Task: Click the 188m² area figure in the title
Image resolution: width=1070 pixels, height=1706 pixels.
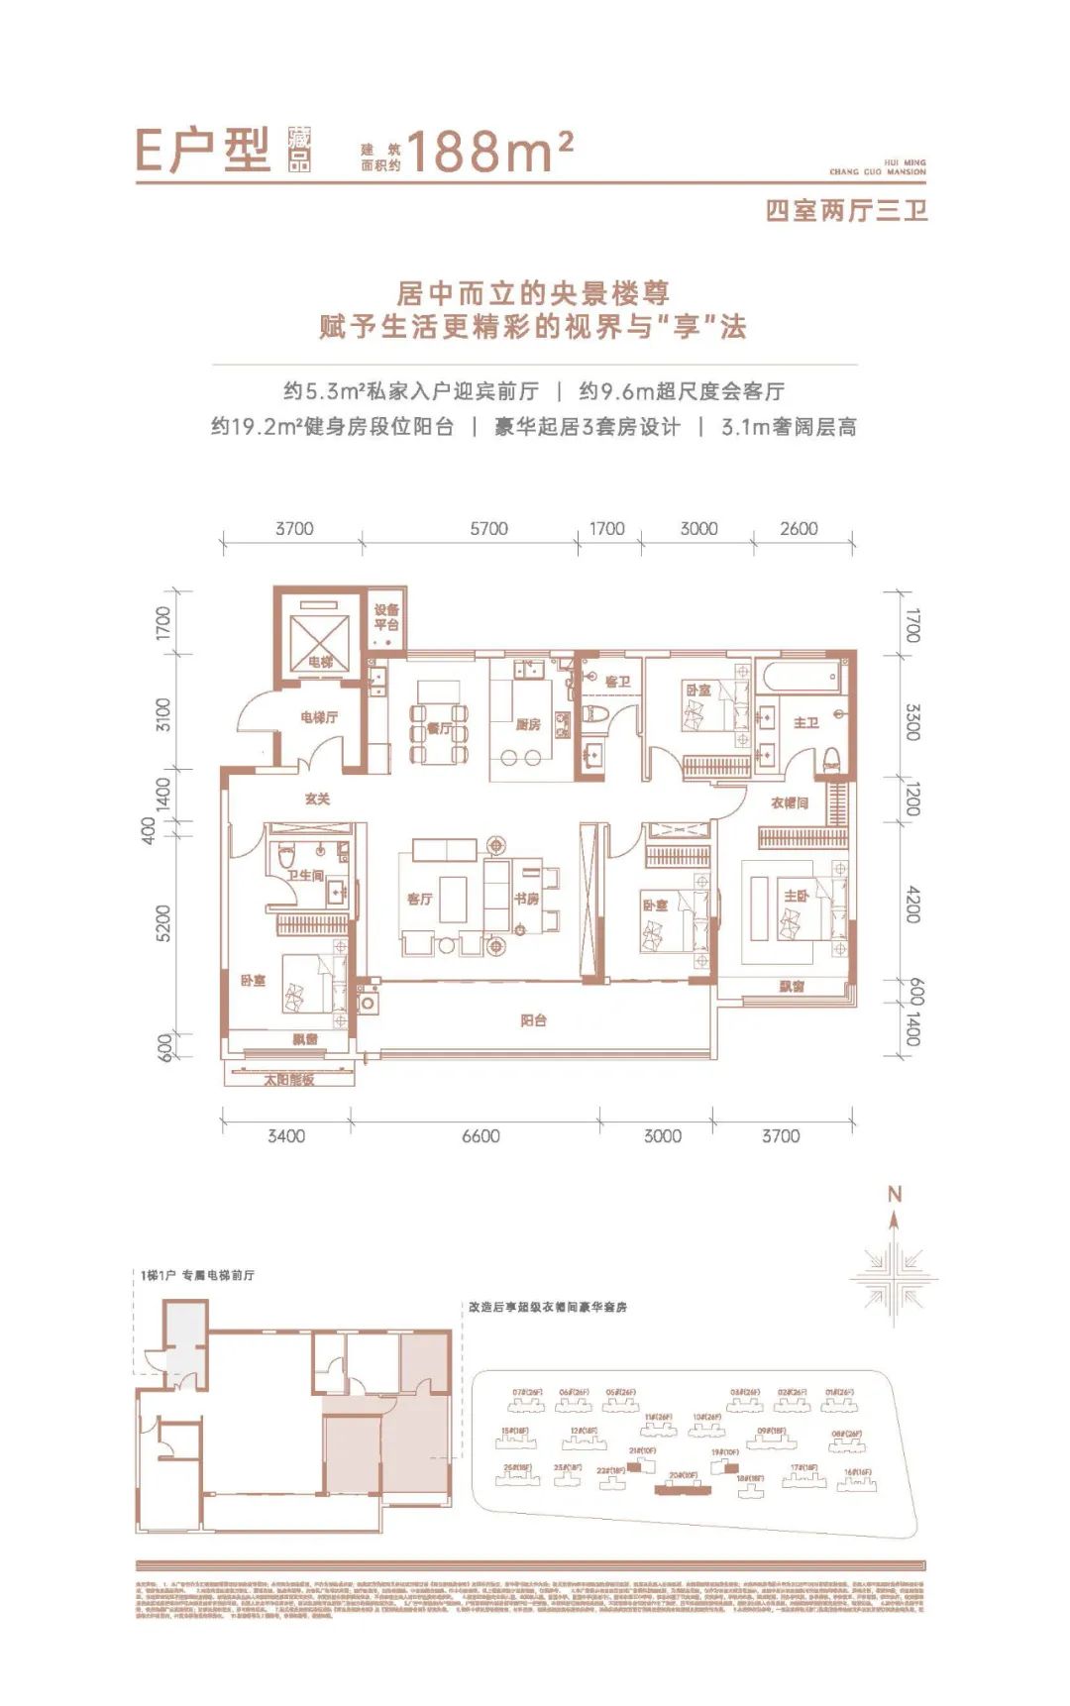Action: (x=489, y=153)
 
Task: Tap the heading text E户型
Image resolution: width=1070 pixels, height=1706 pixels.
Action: (x=203, y=152)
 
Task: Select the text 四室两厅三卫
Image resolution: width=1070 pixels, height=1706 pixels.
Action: (x=846, y=210)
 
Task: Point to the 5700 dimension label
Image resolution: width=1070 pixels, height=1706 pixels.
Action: (x=488, y=529)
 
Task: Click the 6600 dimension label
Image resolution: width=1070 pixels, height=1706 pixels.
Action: (x=481, y=1136)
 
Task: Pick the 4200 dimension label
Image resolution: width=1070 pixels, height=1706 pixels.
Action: (x=912, y=904)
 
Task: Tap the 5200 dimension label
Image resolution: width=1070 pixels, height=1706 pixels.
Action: (x=163, y=923)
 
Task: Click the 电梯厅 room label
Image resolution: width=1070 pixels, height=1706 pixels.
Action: (x=319, y=716)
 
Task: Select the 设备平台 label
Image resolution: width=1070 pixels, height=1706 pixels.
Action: (x=386, y=617)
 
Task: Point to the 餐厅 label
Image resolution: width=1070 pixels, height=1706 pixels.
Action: (x=439, y=728)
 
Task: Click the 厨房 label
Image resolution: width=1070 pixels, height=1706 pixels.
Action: (x=528, y=724)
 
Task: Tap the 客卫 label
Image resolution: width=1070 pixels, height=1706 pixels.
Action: (x=617, y=682)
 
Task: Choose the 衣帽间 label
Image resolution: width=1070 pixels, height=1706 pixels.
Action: (x=790, y=802)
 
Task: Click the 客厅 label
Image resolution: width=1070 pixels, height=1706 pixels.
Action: (x=419, y=899)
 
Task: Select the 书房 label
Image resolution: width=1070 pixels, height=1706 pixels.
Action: (x=526, y=899)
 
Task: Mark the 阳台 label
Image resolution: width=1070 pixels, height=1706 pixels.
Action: (x=533, y=1019)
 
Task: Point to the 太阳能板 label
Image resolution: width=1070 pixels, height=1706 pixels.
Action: (x=288, y=1080)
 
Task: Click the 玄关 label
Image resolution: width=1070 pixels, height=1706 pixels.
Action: (x=317, y=799)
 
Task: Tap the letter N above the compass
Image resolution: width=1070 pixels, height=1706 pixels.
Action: (x=895, y=1195)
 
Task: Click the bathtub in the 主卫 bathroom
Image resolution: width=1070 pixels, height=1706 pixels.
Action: (x=802, y=679)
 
